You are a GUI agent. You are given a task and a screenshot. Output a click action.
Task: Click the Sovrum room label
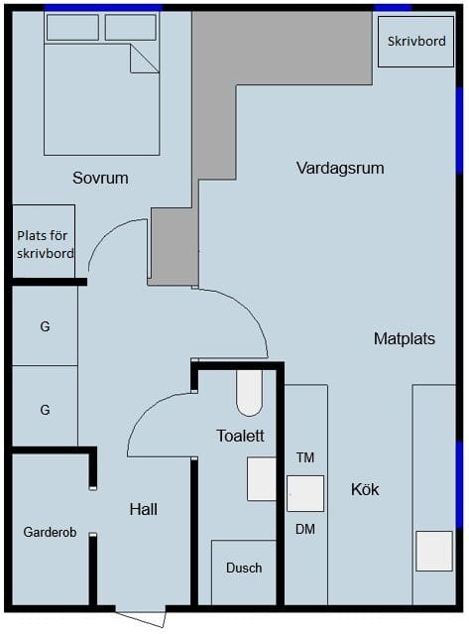pos(100,178)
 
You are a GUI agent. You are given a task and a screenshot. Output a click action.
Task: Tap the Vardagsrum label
pos(340,169)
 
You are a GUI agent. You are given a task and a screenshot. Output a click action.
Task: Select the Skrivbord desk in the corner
pos(415,42)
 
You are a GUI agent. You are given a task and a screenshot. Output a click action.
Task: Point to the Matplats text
pos(405,338)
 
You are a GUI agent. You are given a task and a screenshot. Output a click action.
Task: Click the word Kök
pos(365,489)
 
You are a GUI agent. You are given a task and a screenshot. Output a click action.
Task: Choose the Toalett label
pos(240,436)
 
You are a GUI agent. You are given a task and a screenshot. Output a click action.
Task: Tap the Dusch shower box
pos(244,572)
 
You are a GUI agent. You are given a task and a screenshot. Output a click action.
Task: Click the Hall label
pos(144,509)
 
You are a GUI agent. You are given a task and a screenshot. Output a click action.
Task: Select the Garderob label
pos(50,532)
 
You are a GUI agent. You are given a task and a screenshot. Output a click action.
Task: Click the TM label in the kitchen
pos(305,457)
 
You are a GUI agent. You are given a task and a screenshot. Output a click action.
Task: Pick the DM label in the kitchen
pos(305,529)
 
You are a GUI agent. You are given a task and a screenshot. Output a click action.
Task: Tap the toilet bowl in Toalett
pos(249,393)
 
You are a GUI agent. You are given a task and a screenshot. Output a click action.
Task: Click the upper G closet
pos(45,325)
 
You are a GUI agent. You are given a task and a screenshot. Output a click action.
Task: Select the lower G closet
pos(45,406)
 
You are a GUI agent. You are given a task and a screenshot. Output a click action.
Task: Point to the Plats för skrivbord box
pos(44,241)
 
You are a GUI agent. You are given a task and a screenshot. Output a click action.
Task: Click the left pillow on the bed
pos(72,28)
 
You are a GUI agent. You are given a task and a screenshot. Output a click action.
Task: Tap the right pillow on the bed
pos(131,28)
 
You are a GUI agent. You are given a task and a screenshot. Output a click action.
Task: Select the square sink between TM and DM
pos(305,494)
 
